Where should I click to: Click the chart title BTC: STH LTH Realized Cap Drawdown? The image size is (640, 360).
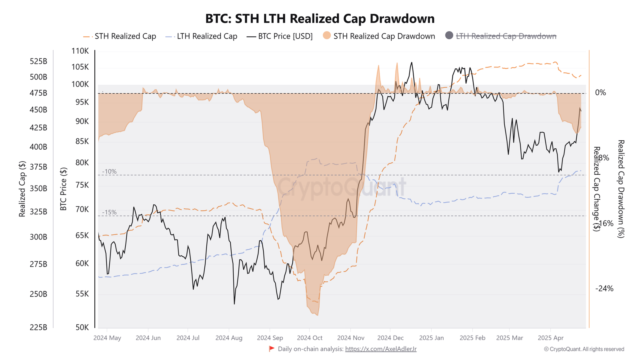[x=320, y=19]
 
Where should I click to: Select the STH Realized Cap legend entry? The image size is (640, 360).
[x=125, y=36]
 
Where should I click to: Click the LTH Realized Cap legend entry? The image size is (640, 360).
[x=207, y=36]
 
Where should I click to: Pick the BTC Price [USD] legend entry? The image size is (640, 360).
[x=285, y=36]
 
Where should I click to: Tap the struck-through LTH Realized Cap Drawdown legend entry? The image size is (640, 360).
[x=506, y=36]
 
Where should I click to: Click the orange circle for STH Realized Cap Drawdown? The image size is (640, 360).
[x=327, y=36]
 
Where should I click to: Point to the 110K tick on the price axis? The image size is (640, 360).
[x=80, y=51]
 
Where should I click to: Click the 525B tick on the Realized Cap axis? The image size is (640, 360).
[x=38, y=61]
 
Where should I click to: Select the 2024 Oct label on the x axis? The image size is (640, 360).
[x=310, y=338]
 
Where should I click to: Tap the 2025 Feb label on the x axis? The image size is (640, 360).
[x=472, y=338]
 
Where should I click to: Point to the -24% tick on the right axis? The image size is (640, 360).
[x=604, y=289]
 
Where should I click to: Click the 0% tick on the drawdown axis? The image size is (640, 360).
[x=600, y=93]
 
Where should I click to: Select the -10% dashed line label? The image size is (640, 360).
[x=109, y=172]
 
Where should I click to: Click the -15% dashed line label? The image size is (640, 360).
[x=109, y=212]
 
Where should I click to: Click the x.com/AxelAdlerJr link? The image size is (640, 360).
[x=380, y=349]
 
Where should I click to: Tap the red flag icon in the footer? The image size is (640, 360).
[x=272, y=349]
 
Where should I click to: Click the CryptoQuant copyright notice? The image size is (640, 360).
[x=584, y=349]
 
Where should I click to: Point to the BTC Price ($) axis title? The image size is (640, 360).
[x=63, y=189]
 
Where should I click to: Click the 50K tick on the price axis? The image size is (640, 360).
[x=82, y=327]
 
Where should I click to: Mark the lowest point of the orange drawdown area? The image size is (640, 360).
[x=317, y=315]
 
